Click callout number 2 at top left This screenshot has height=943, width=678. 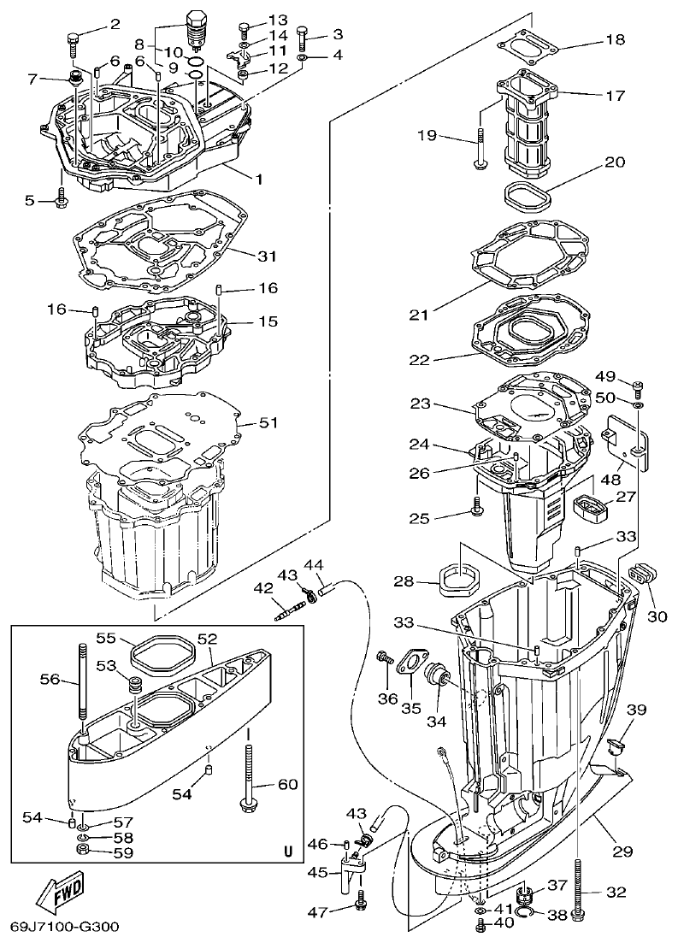pos(115,23)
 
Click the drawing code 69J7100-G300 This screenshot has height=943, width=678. pos(64,927)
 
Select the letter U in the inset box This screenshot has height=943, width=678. pos(287,852)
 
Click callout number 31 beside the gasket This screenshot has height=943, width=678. pos(268,256)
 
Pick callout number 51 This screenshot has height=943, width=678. pos(268,421)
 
